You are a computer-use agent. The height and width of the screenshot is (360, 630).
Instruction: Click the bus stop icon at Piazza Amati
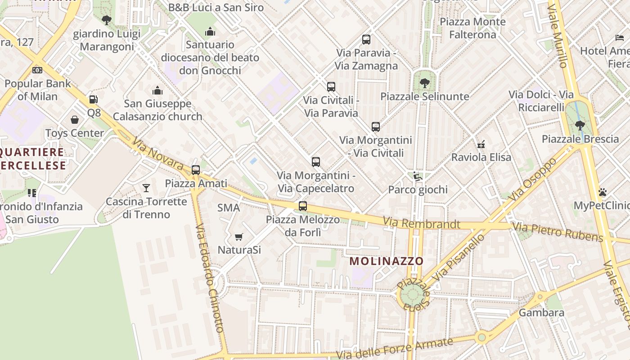(x=196, y=170)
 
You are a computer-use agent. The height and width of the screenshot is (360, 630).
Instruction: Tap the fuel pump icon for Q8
(x=93, y=99)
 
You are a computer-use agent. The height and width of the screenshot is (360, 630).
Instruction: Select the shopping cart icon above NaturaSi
(x=239, y=237)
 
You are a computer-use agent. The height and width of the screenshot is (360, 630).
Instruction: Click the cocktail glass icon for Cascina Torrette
(x=146, y=188)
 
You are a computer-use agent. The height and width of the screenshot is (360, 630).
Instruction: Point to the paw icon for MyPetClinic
(x=603, y=193)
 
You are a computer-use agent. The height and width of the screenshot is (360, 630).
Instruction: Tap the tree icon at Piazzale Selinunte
(x=424, y=83)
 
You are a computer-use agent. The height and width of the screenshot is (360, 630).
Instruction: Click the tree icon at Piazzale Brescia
(x=580, y=126)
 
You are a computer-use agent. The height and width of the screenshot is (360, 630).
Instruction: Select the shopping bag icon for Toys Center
(x=75, y=120)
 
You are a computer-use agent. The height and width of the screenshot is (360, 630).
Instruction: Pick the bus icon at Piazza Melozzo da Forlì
(x=303, y=206)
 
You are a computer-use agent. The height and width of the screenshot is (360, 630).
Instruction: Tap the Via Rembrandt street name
(x=421, y=223)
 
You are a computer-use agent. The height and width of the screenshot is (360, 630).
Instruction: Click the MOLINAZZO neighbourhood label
(x=387, y=261)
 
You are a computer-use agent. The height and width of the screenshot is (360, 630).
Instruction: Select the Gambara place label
(x=541, y=312)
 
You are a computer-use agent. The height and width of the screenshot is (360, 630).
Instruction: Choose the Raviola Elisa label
(x=481, y=157)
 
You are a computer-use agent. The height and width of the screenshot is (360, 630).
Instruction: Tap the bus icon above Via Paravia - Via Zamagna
(x=366, y=40)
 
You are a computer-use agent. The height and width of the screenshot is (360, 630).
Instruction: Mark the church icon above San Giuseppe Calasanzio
(x=157, y=90)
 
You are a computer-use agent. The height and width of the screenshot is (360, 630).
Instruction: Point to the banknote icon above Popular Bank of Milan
(x=37, y=70)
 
